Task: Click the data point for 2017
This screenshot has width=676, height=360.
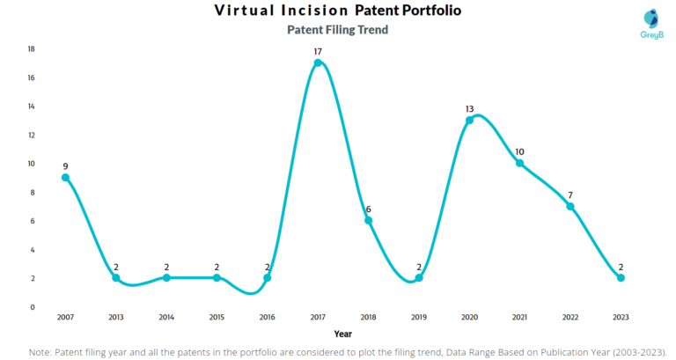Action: coord(318,63)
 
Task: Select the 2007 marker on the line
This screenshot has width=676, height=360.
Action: coord(65,178)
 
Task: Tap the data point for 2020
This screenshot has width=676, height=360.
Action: coord(469,121)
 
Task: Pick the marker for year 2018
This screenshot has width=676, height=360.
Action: coord(368,221)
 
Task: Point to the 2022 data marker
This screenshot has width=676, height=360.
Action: coord(570,207)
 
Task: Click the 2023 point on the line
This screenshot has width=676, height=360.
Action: coord(621,278)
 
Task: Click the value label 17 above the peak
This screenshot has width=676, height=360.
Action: coord(318,52)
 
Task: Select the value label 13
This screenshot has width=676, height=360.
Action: coord(469,109)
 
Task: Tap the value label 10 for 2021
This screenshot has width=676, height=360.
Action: coord(520,151)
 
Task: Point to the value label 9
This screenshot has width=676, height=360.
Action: coord(65,166)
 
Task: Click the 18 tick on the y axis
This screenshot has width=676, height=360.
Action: coord(31,49)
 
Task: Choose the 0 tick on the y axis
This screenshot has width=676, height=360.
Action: coord(33,307)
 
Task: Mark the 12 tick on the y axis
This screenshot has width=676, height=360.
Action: coord(31,136)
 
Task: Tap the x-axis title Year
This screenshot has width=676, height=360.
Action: coord(344,334)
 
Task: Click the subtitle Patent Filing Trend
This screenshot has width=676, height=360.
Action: coord(338,30)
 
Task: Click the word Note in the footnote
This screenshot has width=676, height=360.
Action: coord(41,350)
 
